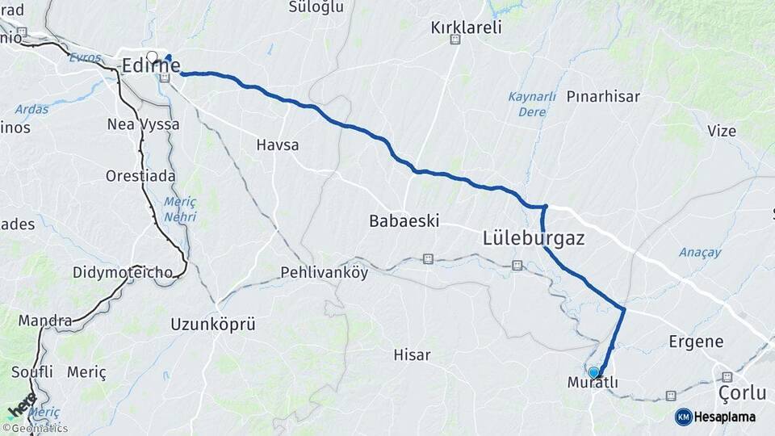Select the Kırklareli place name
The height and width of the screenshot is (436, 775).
[466, 27]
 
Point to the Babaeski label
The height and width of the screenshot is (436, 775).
[403, 220]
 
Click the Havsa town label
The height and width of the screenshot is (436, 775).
[277, 145]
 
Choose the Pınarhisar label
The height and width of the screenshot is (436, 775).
[603, 97]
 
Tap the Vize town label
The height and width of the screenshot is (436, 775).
[722, 131]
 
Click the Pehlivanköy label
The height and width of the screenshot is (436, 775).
[324, 272]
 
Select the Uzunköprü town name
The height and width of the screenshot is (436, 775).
[212, 325]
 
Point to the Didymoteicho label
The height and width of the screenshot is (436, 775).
[122, 272]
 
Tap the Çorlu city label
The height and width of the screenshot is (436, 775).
[742, 393]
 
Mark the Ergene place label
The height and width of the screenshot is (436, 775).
[696, 342]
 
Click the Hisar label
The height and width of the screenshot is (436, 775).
[411, 354]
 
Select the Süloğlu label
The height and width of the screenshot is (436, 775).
[316, 6]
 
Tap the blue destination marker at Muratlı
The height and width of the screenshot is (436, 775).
[594, 372]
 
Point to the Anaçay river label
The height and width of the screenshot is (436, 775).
[699, 253]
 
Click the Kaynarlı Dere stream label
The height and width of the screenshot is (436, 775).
[531, 104]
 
